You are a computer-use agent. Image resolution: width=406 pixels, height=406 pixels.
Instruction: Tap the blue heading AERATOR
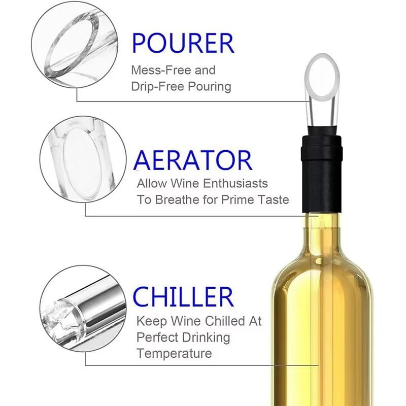(193, 160)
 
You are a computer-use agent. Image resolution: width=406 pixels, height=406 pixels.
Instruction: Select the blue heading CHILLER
(183, 297)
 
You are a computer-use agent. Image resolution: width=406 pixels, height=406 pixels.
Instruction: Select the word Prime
(239, 199)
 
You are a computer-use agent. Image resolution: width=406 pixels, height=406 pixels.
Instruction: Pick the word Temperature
(174, 353)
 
